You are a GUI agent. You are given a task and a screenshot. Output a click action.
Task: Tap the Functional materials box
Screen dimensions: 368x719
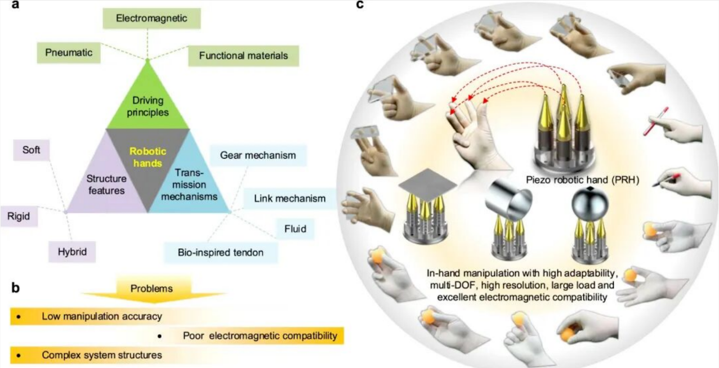[x=243, y=56]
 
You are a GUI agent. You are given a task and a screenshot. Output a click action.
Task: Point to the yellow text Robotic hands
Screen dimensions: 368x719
[x=149, y=156]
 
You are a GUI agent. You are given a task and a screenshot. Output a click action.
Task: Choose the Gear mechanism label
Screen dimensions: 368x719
[x=258, y=155]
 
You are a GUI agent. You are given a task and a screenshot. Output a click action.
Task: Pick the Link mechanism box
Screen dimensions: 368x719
[x=289, y=198]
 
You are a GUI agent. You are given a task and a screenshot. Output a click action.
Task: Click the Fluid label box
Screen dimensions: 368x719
[x=295, y=229]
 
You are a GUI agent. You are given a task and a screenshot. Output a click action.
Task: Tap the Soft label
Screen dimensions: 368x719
[x=32, y=151]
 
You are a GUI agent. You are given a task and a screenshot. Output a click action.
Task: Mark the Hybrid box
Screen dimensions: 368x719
[x=72, y=252]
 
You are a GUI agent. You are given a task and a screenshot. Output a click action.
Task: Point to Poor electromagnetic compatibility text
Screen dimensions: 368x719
[x=260, y=336]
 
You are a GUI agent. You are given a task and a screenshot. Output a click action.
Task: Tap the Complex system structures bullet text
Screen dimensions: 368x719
[x=102, y=355]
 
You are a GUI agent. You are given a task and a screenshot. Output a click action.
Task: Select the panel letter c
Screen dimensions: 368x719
[x=360, y=5]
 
